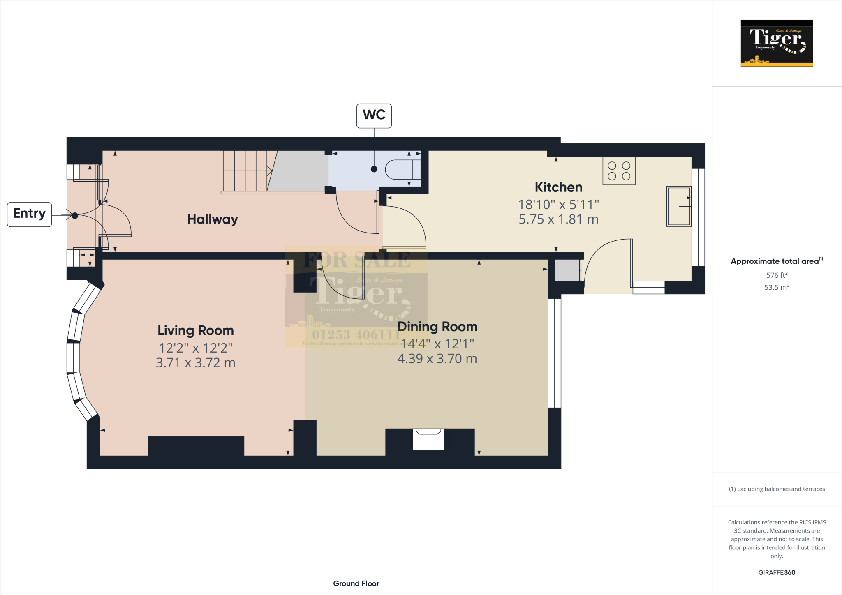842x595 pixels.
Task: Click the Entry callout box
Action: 29,214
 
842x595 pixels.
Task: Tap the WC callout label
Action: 374,115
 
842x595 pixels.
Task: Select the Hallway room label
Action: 213,219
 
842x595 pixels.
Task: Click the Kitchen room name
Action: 558,187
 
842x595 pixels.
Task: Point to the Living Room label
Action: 195,330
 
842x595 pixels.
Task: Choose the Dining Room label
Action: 437,327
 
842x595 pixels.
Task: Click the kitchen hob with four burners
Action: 619,171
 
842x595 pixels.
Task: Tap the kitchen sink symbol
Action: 679,206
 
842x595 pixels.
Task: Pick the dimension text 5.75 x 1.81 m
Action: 558,219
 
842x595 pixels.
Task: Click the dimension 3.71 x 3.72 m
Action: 195,363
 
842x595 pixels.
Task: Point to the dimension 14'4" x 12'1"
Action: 437,344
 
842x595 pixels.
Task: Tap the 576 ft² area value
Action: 776,275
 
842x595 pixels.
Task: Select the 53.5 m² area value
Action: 776,287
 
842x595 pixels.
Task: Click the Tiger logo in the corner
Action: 776,43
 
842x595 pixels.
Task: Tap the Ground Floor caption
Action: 356,583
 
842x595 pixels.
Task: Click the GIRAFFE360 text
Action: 776,572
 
